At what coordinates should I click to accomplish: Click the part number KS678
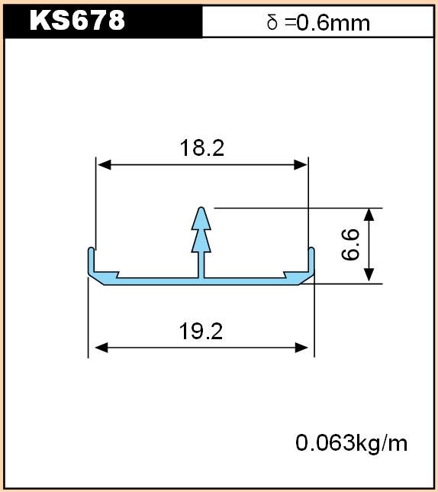[x=77, y=21]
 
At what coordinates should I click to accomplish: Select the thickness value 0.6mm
[x=333, y=23]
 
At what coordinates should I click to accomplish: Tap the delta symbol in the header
[x=272, y=23]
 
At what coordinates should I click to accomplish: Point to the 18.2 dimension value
[x=202, y=147]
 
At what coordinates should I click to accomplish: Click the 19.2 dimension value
[x=201, y=332]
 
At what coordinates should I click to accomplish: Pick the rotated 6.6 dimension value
[x=350, y=245]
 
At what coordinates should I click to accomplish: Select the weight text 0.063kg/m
[x=352, y=443]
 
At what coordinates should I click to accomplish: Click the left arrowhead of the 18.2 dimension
[x=105, y=165]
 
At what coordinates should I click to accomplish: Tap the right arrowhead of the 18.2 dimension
[x=300, y=165]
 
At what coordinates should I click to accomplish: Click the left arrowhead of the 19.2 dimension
[x=101, y=348]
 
